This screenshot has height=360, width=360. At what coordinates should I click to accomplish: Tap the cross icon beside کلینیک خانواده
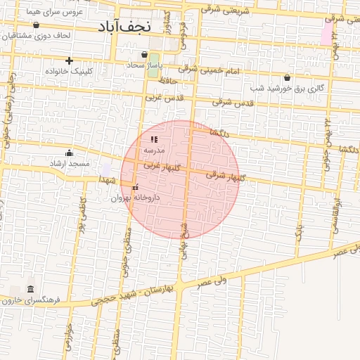[69, 60]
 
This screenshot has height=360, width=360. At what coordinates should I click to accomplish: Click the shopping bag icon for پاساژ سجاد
[144, 54]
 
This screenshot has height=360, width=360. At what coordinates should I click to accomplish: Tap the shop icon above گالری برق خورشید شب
[287, 77]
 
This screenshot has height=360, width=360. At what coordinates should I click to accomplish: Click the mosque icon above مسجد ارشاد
[69, 153]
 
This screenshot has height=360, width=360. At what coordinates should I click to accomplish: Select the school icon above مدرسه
[154, 140]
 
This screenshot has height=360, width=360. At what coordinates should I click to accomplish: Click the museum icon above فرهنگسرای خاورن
[30, 290]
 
